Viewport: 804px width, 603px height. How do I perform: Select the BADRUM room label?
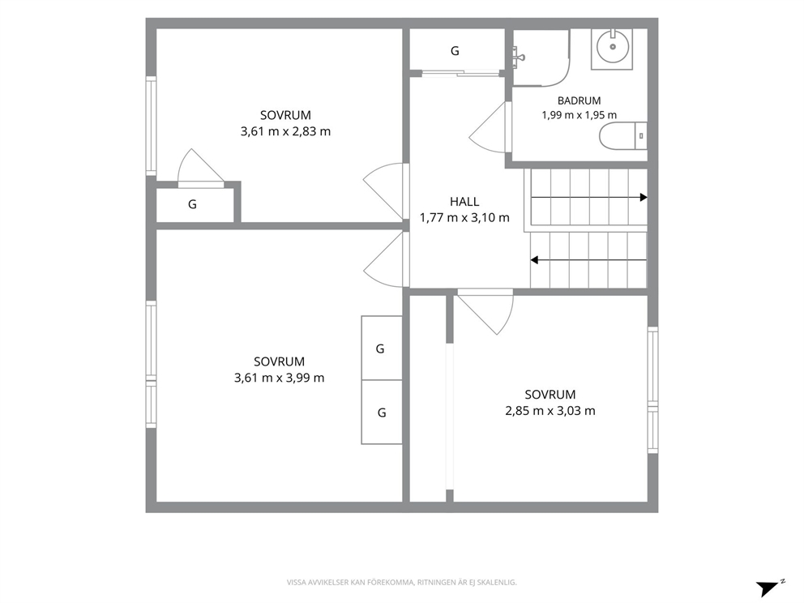point(579,100)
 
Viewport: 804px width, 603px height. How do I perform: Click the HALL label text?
point(464,202)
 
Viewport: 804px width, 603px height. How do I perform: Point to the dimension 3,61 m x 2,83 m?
point(285,131)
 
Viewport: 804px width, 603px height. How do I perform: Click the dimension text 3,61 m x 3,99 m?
point(280,378)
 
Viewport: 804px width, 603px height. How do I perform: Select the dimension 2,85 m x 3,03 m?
point(550,411)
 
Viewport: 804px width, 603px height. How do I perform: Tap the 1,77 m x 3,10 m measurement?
point(464,217)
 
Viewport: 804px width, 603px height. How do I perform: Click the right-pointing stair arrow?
point(589,198)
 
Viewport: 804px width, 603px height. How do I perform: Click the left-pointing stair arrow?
point(588,260)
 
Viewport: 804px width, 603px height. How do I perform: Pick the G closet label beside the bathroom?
point(455,51)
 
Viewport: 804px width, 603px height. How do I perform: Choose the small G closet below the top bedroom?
point(192,204)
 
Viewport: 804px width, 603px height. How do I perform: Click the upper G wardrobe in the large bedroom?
point(380,349)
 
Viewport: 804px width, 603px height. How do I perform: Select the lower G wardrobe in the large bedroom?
point(382,413)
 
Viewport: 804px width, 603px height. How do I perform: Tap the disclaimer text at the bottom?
point(401,583)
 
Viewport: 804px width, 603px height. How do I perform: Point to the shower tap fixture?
point(518,54)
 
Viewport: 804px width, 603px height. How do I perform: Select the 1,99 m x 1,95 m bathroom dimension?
point(579,115)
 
